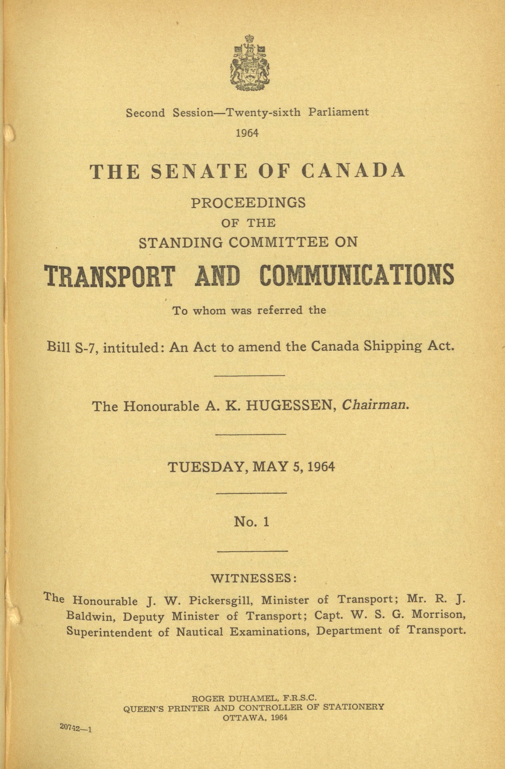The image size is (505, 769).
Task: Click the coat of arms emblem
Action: pyautogui.click(x=250, y=63)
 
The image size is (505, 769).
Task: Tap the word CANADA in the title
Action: pyautogui.click(x=353, y=171)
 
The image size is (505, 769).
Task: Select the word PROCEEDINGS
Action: pyautogui.click(x=248, y=203)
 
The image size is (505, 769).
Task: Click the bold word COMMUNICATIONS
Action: pyautogui.click(x=357, y=276)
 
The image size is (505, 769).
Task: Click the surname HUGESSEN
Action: pyautogui.click(x=289, y=406)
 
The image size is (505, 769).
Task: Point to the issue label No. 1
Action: pyautogui.click(x=251, y=522)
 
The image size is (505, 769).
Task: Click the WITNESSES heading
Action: pyautogui.click(x=253, y=578)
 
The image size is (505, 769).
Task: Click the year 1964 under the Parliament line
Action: pyautogui.click(x=247, y=133)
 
